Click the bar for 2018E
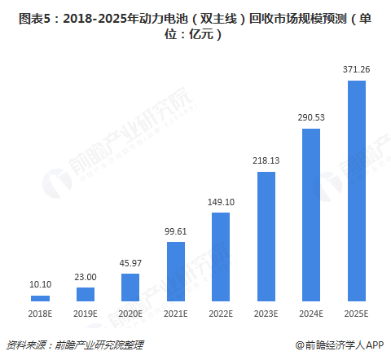(40, 299)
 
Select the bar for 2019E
(86, 295)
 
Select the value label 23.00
(86, 278)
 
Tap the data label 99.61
(176, 232)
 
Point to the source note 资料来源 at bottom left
(24, 345)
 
